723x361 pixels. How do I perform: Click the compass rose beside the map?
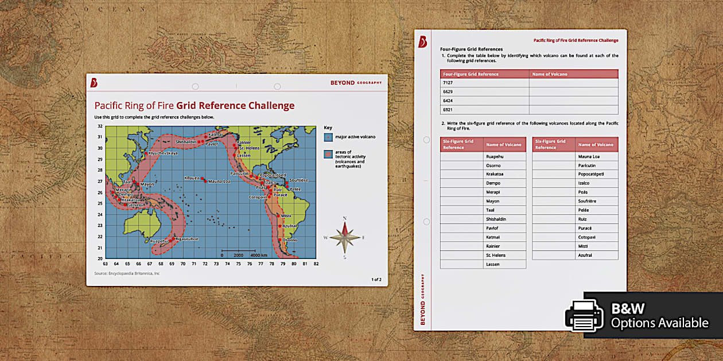pos(345,237)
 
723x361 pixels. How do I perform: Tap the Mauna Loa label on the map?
pos(219,181)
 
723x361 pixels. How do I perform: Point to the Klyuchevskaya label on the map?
pos(163,153)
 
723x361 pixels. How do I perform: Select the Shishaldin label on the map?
pos(186,142)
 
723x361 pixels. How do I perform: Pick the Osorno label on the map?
pos(289,240)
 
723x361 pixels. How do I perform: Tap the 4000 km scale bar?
pos(242,252)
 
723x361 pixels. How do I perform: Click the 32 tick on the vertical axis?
pos(100,126)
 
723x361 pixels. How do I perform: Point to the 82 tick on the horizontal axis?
pos(316,264)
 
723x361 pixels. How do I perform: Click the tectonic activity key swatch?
pos(328,154)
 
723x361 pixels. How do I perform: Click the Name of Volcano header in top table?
pos(550,74)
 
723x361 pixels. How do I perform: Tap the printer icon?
pos(584,316)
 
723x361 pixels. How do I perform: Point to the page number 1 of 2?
pos(376,280)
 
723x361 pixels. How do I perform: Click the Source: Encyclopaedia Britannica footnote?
pos(127,274)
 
